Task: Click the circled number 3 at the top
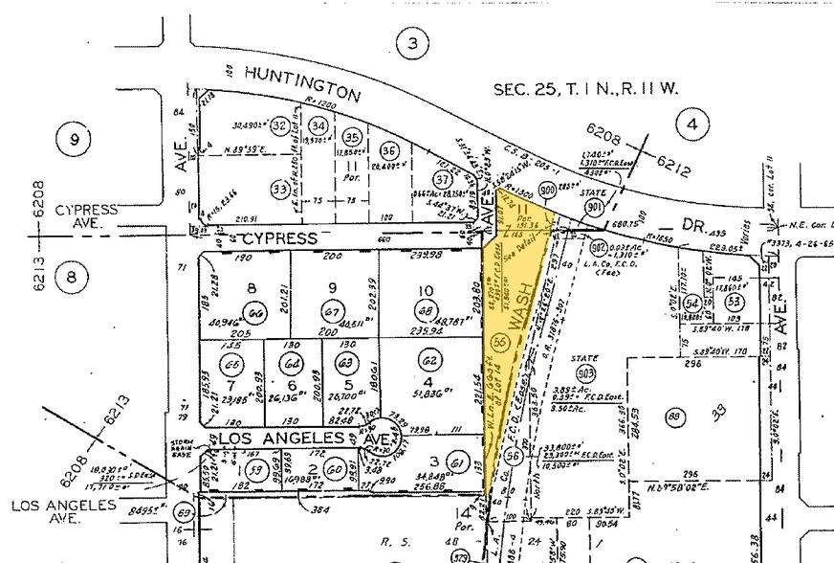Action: click(411, 43)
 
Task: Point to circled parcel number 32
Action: click(280, 125)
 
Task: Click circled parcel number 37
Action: click(442, 180)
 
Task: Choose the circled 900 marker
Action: click(548, 190)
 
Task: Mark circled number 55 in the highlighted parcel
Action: click(498, 342)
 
